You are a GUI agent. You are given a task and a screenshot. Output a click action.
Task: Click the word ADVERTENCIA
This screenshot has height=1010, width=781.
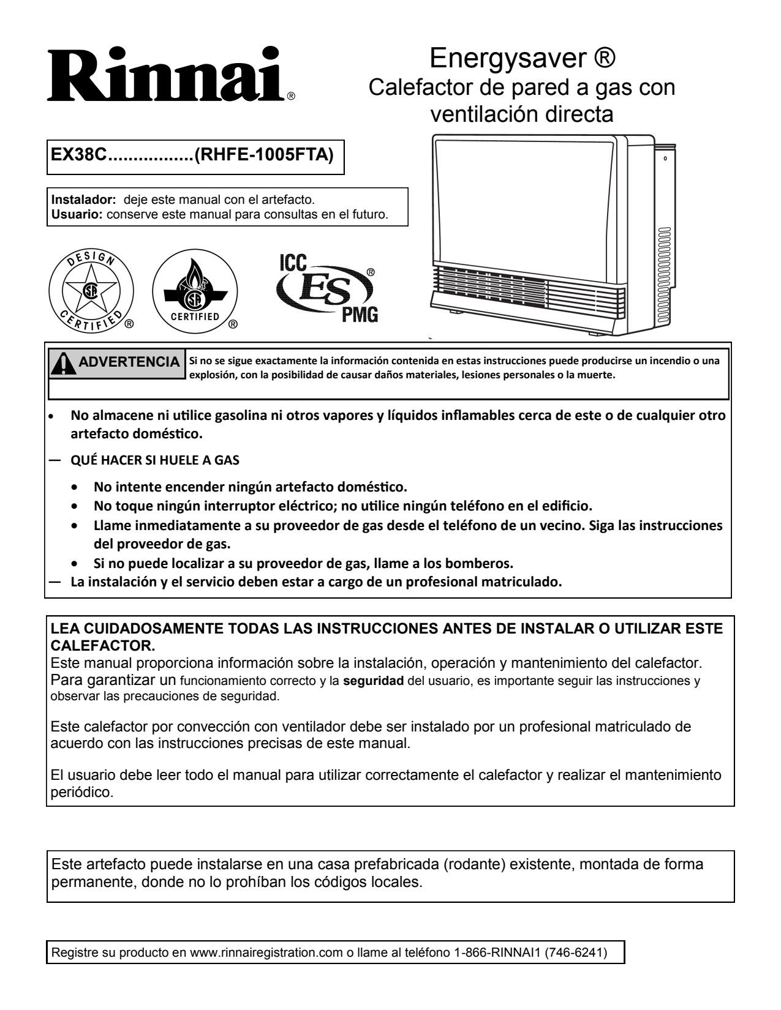click(x=129, y=362)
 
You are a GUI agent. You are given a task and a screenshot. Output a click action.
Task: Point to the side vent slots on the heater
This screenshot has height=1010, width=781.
click(x=665, y=255)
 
